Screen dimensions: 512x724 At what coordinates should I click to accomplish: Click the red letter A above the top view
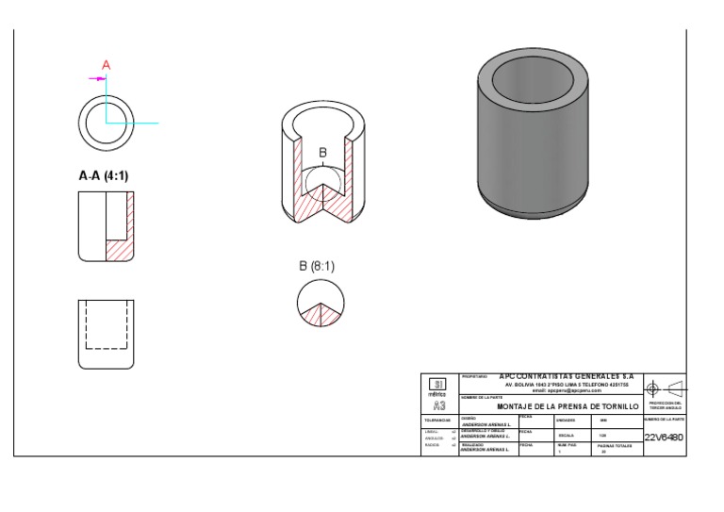point(107,65)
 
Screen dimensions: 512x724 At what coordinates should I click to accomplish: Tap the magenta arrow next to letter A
point(97,79)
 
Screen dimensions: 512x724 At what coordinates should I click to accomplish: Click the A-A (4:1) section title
point(104,175)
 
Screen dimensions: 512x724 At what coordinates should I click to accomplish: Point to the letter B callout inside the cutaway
point(322,153)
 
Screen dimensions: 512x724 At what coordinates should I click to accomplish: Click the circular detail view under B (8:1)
point(321,304)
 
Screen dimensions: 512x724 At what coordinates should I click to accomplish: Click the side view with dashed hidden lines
point(105,334)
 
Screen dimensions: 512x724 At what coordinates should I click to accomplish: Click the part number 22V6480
point(664,438)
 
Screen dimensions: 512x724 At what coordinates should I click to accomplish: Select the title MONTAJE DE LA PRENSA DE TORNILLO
point(568,406)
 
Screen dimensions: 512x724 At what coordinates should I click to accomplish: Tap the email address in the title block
point(566,390)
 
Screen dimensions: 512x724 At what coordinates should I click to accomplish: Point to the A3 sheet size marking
point(438,405)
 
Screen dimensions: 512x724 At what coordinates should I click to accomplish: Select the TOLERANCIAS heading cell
point(438,421)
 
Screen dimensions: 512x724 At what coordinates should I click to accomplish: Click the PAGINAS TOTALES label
point(615,445)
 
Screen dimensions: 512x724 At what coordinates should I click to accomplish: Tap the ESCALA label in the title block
point(566,435)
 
